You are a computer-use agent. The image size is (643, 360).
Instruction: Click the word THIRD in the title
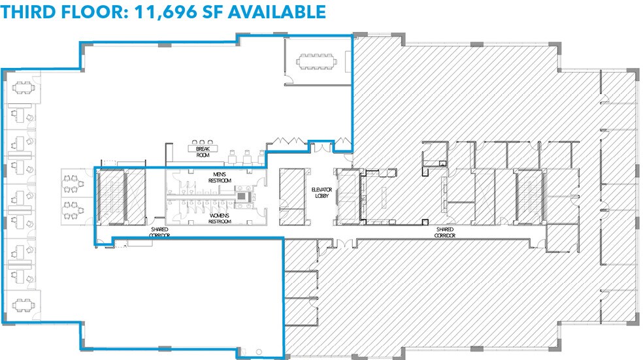coord(29,12)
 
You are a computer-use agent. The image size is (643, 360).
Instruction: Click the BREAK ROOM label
coord(201,152)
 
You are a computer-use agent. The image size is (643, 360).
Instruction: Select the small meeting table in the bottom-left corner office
coord(23,303)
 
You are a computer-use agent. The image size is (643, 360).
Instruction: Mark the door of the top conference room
coord(288,80)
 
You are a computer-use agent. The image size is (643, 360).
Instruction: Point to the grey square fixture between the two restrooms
coord(243,196)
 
